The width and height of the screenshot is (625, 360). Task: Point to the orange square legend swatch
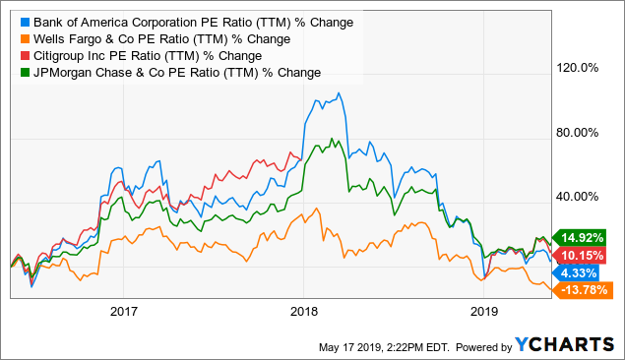[x=20, y=39]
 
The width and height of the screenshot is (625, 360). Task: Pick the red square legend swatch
[x=20, y=55]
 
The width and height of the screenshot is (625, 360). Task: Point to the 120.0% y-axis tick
[x=579, y=69]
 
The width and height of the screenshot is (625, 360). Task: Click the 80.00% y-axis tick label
[x=579, y=133]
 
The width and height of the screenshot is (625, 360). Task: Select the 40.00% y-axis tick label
[x=579, y=197]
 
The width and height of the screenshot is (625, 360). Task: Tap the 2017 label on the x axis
[x=123, y=313]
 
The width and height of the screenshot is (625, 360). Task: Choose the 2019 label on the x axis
[x=482, y=313]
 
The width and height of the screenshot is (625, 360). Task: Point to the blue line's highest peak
[x=339, y=93]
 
